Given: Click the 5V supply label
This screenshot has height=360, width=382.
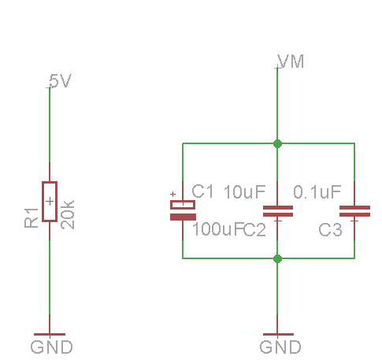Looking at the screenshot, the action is [x=60, y=81].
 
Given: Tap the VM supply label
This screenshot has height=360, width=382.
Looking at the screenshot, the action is [x=291, y=61].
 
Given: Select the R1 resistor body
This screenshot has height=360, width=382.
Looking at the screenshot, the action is [x=50, y=202].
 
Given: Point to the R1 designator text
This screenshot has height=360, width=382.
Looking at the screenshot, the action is [x=32, y=217].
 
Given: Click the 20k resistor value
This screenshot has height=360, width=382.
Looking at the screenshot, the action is [x=68, y=214].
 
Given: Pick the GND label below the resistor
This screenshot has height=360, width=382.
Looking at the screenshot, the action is [x=51, y=347].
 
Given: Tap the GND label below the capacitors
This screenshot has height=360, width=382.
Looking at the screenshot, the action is [x=280, y=347].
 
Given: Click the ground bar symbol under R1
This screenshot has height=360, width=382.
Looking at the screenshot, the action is [x=50, y=334].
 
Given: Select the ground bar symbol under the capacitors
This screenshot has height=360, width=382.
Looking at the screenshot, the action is [x=278, y=334].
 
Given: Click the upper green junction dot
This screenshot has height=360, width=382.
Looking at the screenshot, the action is [x=277, y=143].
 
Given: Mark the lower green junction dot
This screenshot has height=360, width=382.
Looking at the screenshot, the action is [x=277, y=258].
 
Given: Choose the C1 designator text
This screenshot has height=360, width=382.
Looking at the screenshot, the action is [x=202, y=191].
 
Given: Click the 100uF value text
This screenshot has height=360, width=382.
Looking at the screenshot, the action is [x=217, y=229].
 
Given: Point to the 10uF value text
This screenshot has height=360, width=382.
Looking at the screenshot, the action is [x=245, y=192].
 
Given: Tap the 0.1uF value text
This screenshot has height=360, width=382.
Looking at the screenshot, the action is [x=317, y=192].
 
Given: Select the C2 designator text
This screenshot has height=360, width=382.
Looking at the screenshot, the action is [x=254, y=230].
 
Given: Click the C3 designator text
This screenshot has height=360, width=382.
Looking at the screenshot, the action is [x=330, y=230].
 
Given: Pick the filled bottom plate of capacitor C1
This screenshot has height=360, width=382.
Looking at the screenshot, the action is [x=183, y=217].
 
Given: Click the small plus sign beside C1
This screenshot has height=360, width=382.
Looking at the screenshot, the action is [x=172, y=194].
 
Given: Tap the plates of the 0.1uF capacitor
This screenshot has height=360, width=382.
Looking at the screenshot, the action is [x=354, y=211].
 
